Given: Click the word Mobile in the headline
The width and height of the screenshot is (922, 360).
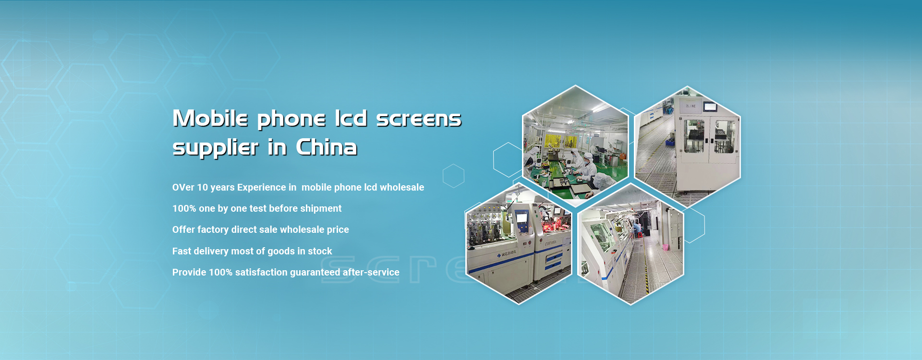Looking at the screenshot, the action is click(x=210, y=118).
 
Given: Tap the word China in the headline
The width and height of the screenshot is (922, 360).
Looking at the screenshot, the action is click(x=327, y=147).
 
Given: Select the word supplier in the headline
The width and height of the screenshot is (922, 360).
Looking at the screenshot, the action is click(x=216, y=148).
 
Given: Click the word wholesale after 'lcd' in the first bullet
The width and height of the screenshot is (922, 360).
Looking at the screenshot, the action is click(x=402, y=187).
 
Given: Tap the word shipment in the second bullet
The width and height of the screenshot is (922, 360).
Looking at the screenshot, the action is click(x=321, y=209).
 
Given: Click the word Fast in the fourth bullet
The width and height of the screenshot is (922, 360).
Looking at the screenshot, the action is click(x=182, y=251).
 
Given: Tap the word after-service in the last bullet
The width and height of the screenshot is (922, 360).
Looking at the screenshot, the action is click(x=371, y=272).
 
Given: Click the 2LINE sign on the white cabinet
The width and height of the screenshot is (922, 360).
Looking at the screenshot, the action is click(x=691, y=106).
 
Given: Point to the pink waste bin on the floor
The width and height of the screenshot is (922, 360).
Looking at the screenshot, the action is click(x=666, y=247).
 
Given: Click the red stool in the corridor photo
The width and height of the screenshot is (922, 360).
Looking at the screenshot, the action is click(x=638, y=235).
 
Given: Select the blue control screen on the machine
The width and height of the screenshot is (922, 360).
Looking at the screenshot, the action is click(x=522, y=217).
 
